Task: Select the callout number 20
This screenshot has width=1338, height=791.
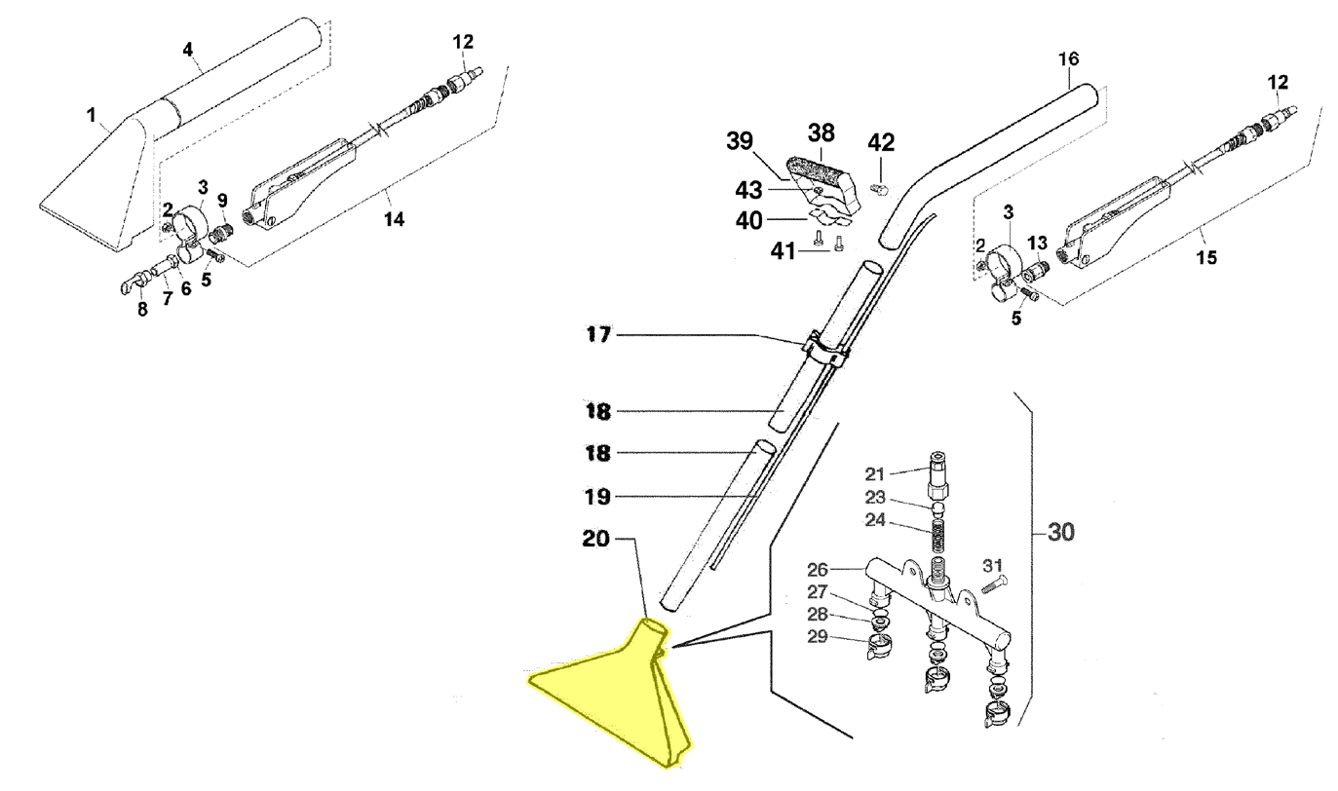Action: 597,539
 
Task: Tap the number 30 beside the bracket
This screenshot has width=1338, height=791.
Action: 1061,533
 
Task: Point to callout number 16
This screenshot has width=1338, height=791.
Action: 1069,58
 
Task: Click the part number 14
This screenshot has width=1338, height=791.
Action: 393,219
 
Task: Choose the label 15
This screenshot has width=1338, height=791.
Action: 1206,258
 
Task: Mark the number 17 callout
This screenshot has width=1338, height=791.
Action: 597,335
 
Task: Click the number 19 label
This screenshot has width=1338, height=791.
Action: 597,497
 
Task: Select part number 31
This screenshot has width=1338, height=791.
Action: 992,565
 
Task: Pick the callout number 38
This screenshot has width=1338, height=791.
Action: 822,132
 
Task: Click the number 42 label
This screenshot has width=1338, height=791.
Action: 881,143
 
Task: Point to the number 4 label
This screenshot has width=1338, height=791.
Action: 189,48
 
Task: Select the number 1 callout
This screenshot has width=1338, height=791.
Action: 91,116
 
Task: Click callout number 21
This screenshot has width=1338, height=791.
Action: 874,474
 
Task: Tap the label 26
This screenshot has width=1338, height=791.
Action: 817,569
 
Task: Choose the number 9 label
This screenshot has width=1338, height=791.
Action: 222,200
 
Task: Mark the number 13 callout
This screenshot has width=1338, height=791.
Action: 1037,242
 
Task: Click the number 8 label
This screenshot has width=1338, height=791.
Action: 142,310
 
